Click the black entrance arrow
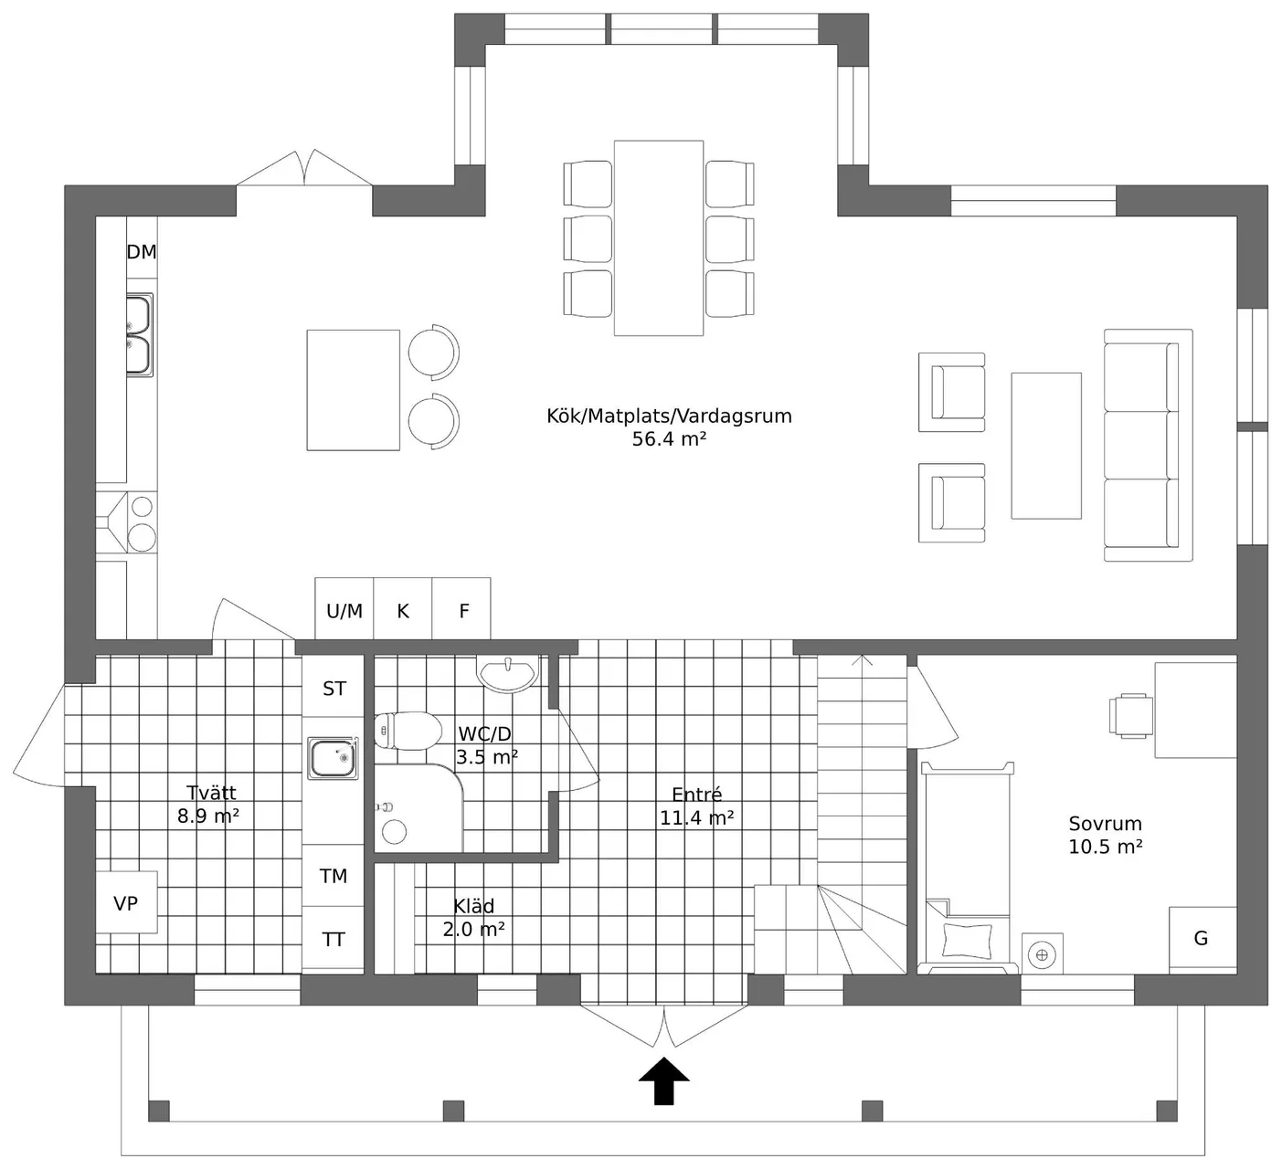coord(664,1080)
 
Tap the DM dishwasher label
coord(142,252)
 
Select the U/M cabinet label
coord(344,611)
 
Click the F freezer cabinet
coord(461,608)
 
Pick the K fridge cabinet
coord(403,608)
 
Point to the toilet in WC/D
coord(408,730)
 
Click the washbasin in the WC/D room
coord(507,674)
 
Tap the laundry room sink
coord(333,758)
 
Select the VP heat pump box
coord(126,902)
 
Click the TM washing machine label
coord(334,876)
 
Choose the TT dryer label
coord(334,939)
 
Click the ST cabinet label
coord(334,688)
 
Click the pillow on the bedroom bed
coord(968,941)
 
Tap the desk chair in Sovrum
coord(1130,715)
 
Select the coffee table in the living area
coord(1046,446)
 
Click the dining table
coord(659,238)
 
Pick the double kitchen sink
coord(139,335)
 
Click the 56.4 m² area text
coord(669,439)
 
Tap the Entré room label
coord(696,794)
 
